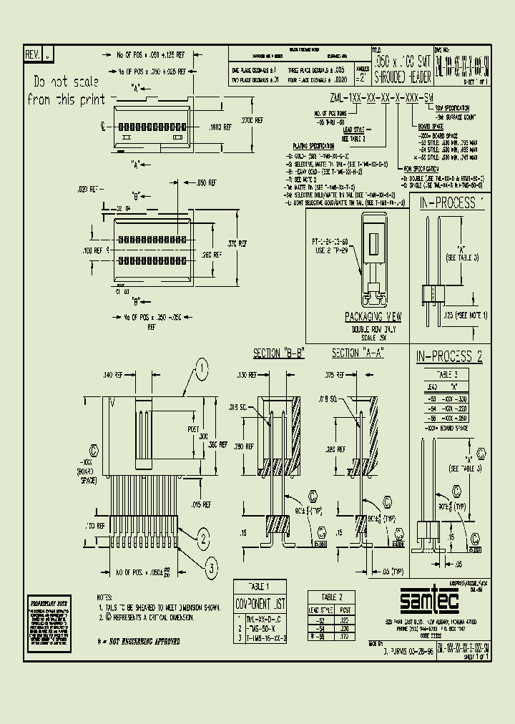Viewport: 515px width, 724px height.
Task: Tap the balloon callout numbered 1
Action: pyautogui.click(x=202, y=370)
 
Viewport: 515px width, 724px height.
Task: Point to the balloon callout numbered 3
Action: pyautogui.click(x=212, y=568)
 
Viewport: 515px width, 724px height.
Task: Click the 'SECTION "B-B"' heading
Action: pyautogui.click(x=279, y=353)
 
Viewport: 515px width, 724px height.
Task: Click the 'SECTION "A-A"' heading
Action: pyautogui.click(x=358, y=353)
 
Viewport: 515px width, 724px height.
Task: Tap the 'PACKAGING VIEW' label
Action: pyautogui.click(x=373, y=316)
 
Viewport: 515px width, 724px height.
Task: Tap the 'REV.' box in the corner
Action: pyautogui.click(x=34, y=54)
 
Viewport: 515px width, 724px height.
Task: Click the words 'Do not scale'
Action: pyautogui.click(x=65, y=81)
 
